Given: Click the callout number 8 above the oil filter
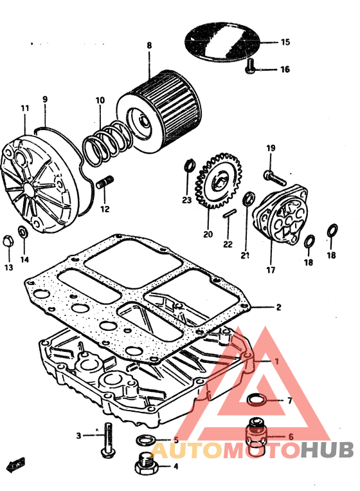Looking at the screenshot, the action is (x=149, y=46).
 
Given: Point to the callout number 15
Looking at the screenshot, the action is (x=285, y=42).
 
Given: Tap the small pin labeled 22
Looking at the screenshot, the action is (x=229, y=214).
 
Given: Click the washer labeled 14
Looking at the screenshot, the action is (x=23, y=232).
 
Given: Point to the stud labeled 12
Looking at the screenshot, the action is (x=105, y=183).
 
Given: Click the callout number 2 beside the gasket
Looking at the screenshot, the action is (x=279, y=307).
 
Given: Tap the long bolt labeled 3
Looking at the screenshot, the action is (x=108, y=440).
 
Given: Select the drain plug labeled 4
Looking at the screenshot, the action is (x=145, y=464).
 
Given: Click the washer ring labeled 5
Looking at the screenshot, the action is (x=145, y=440).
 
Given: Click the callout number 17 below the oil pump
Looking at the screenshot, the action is (x=271, y=270).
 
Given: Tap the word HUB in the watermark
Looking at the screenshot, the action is (x=327, y=450).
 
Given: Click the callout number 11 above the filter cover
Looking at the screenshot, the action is (x=25, y=108).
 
